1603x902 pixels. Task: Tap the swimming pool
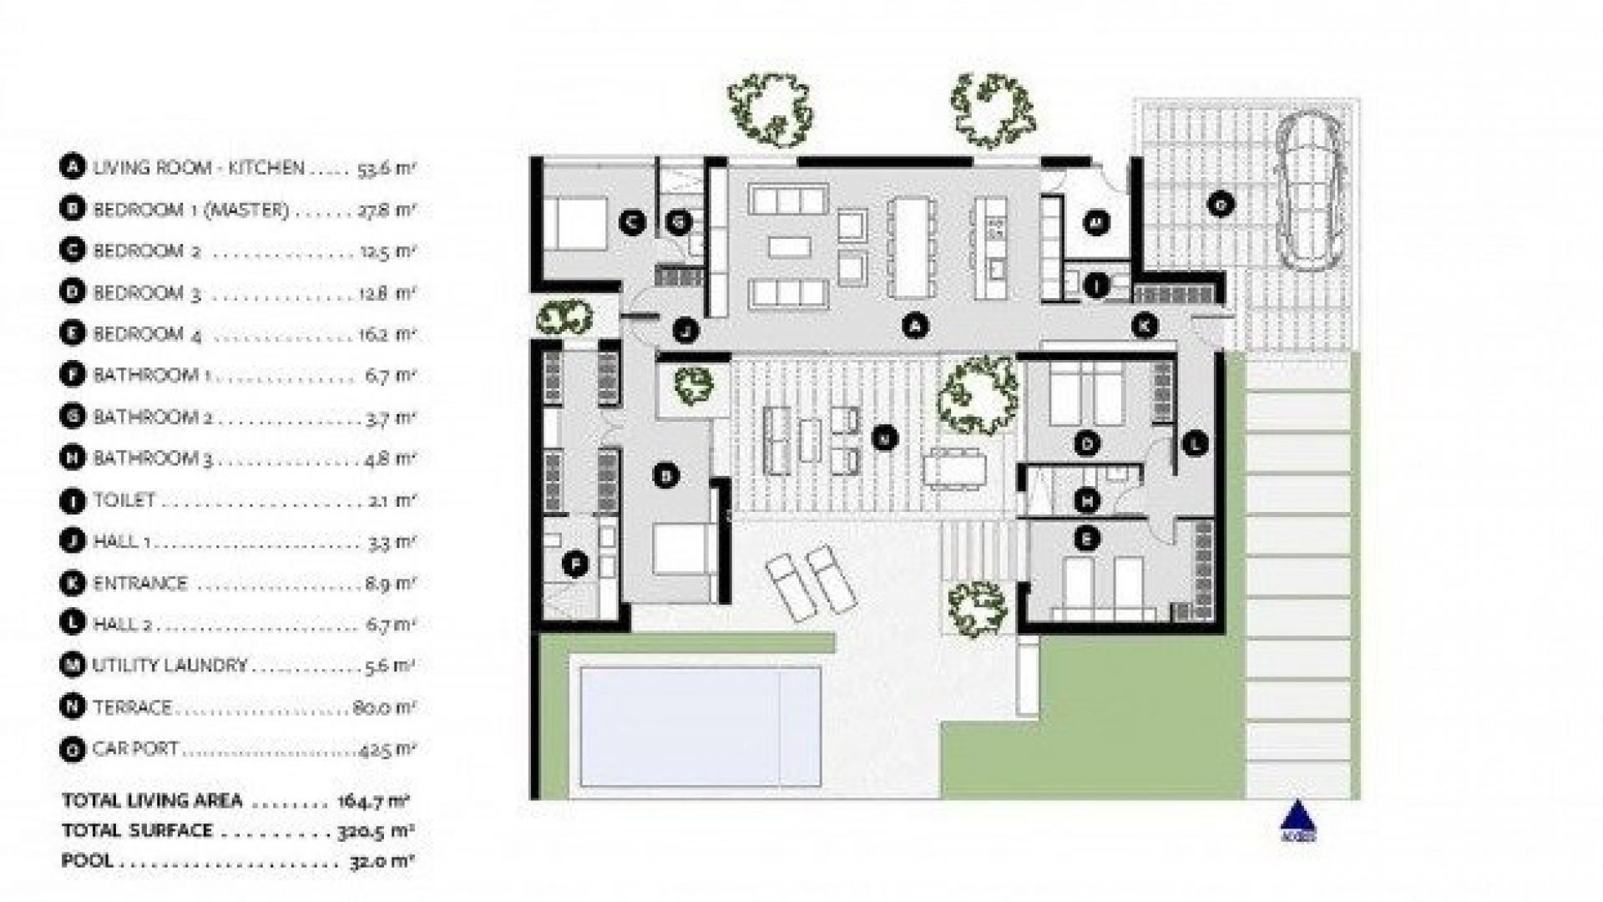(x=700, y=726)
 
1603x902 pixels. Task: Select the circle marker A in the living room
(x=916, y=327)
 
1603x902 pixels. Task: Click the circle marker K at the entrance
(x=1145, y=326)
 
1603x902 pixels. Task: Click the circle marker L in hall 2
(x=1196, y=443)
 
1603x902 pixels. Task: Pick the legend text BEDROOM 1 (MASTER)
(x=190, y=210)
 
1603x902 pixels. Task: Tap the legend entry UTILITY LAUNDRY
(x=169, y=666)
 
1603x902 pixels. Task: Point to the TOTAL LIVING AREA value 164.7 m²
(x=373, y=801)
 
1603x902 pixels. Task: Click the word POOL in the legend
(x=87, y=860)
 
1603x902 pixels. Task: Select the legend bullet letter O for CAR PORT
(x=73, y=749)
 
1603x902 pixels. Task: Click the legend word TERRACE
(x=132, y=707)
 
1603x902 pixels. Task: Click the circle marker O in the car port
(x=1221, y=204)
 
